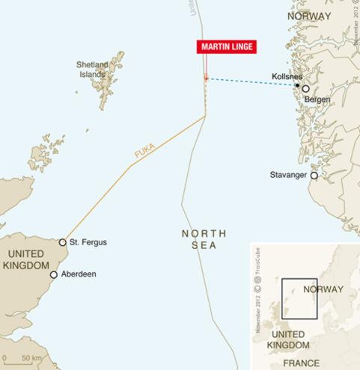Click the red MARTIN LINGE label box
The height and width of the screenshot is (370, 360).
[x=227, y=46]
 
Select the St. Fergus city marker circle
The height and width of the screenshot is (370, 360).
[x=63, y=242]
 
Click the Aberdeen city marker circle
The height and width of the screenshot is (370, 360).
[x=53, y=274]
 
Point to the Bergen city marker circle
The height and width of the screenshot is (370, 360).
[x=305, y=89]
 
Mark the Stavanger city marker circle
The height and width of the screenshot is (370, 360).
[x=314, y=176]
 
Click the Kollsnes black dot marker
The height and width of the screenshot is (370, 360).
[x=297, y=85]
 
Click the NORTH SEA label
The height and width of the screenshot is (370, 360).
[x=204, y=240]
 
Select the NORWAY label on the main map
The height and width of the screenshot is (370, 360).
[x=309, y=15]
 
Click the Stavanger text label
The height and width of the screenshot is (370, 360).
[x=288, y=175]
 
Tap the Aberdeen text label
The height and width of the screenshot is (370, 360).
[x=78, y=274]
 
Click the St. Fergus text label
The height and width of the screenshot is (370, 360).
[x=88, y=242]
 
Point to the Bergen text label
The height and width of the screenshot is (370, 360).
[x=317, y=99]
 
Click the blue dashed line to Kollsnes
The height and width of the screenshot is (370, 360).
[x=251, y=81]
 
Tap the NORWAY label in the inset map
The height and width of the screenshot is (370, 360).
[x=323, y=289]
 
